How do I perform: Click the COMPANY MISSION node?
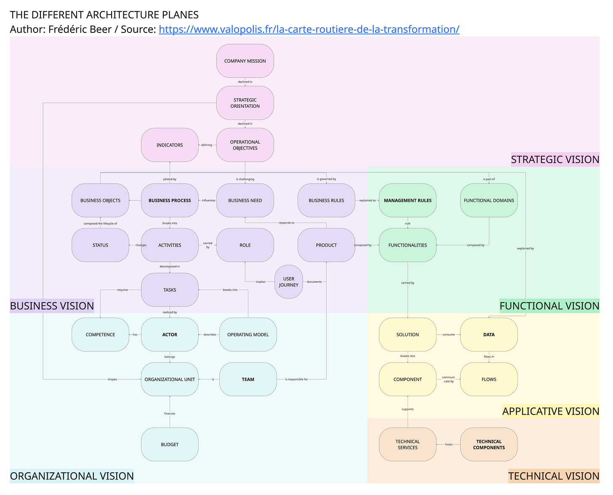pyautogui.click(x=245, y=61)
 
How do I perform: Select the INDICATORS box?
pyautogui.click(x=170, y=145)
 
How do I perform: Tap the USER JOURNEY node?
pyautogui.click(x=288, y=282)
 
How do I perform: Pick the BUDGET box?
pyautogui.click(x=170, y=444)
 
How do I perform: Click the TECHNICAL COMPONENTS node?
pyautogui.click(x=489, y=444)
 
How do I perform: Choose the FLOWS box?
pyautogui.click(x=489, y=379)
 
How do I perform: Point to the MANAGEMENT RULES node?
pyautogui.click(x=408, y=200)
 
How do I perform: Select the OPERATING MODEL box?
pyautogui.click(x=248, y=335)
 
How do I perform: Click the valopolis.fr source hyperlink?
pyautogui.click(x=309, y=29)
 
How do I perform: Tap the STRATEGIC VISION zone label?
pyautogui.click(x=555, y=160)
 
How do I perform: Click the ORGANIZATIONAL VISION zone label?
pyautogui.click(x=72, y=476)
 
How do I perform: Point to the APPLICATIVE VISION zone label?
pyautogui.click(x=551, y=411)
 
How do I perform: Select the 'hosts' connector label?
pyautogui.click(x=449, y=444)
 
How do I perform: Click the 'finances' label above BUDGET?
pyautogui.click(x=170, y=414)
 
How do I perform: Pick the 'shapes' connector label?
pyautogui.click(x=112, y=380)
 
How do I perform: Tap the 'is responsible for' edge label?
pyautogui.click(x=296, y=380)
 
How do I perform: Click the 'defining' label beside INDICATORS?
pyautogui.click(x=207, y=145)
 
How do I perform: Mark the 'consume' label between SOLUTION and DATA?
pyautogui.click(x=449, y=335)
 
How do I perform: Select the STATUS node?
pyautogui.click(x=100, y=245)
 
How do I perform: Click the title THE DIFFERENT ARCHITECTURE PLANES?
pyautogui.click(x=104, y=15)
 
